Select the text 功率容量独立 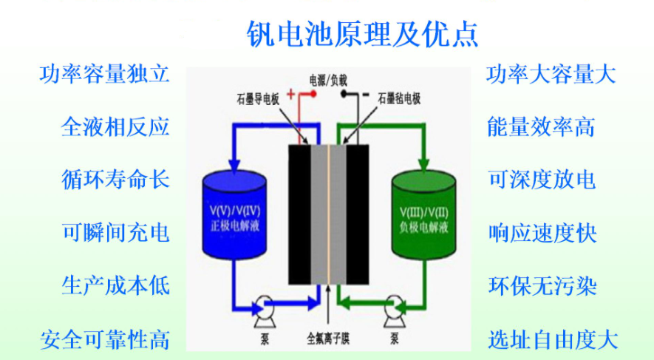[x=105, y=74]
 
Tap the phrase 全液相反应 [x=115, y=126]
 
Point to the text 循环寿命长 [x=115, y=180]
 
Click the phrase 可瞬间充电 [x=115, y=233]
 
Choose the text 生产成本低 [x=115, y=286]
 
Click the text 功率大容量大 [x=552, y=74]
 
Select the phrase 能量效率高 [x=542, y=126]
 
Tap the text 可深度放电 [x=542, y=180]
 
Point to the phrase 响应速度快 [x=542, y=233]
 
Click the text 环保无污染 [x=542, y=286]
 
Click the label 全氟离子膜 [x=327, y=341]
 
